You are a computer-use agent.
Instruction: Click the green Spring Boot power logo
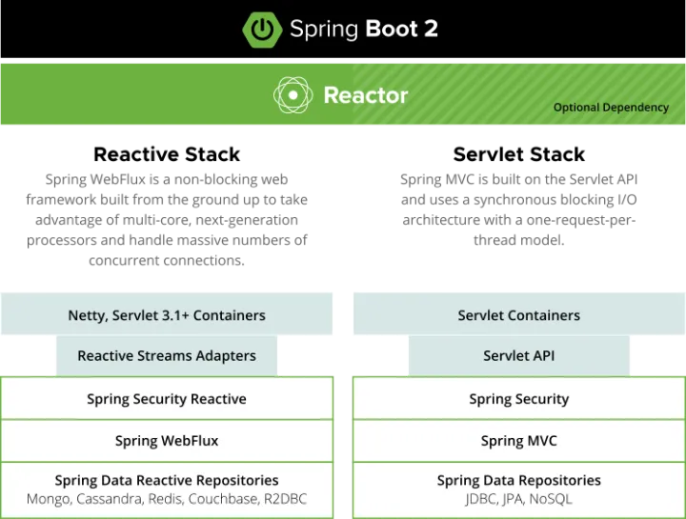click(262, 29)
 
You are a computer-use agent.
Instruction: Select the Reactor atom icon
click(293, 95)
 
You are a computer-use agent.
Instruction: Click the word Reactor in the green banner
click(366, 95)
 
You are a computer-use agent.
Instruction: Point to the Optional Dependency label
click(611, 108)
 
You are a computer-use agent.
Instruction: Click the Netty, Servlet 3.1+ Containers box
click(167, 315)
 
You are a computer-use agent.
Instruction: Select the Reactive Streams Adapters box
click(167, 355)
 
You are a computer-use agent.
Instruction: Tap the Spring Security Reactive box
click(167, 399)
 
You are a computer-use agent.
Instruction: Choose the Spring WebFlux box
click(167, 441)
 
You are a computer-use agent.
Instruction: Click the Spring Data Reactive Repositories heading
click(167, 480)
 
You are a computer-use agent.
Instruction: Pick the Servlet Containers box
click(518, 315)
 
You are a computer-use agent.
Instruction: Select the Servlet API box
click(518, 355)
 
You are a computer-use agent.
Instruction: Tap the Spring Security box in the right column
click(518, 399)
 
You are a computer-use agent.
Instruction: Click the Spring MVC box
click(518, 441)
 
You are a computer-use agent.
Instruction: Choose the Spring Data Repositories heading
click(518, 480)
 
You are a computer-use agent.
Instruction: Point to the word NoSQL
click(552, 499)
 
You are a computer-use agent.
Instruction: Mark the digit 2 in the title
click(431, 29)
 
